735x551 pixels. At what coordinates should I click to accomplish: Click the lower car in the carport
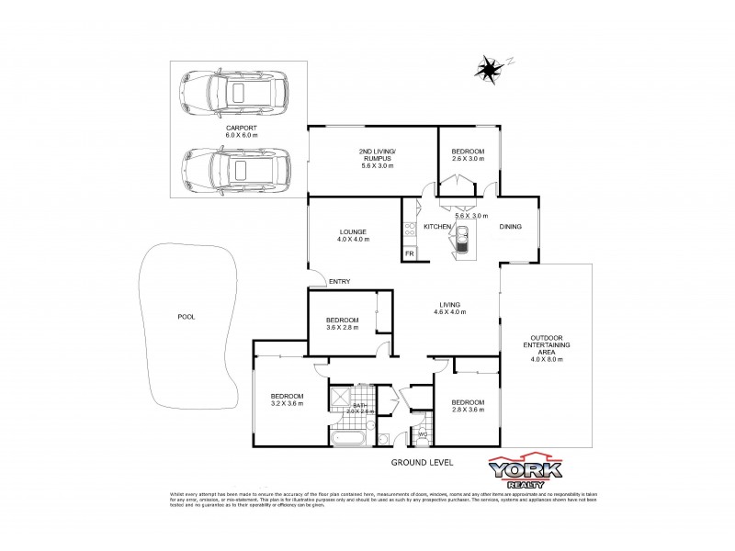pos(235,169)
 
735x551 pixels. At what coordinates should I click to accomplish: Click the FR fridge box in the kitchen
pos(410,253)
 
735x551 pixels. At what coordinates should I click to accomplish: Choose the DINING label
pos(510,226)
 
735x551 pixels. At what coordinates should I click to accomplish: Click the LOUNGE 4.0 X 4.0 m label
pos(353,235)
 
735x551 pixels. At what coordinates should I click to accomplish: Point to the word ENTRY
pos(340,282)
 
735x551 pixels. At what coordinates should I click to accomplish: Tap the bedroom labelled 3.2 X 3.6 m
pos(287,399)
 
